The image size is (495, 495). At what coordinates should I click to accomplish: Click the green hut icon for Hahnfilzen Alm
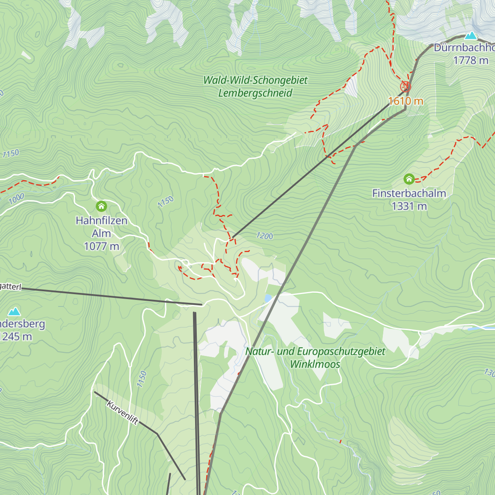[x=101, y=206]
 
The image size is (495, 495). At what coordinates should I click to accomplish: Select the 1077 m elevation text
[x=101, y=247]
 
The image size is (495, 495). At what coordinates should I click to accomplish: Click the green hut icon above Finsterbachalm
[x=409, y=179]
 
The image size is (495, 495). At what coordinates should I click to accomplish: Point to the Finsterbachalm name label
[x=409, y=193]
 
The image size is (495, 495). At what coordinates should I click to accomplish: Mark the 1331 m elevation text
[x=409, y=206]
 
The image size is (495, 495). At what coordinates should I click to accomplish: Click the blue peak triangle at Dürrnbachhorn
[x=471, y=35]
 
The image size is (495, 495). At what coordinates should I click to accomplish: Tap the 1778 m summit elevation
[x=471, y=61]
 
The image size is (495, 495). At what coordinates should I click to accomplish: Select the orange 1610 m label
[x=405, y=101]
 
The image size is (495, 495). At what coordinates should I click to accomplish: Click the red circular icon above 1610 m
[x=405, y=87]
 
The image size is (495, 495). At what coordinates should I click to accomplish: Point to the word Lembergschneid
[x=255, y=93]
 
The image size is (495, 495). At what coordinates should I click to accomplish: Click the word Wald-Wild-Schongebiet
[x=255, y=80]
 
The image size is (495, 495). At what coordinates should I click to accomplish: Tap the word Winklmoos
[x=315, y=364]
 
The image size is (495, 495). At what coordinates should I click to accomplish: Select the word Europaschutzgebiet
[x=341, y=351]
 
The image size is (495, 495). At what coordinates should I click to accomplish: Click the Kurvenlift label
[x=123, y=412]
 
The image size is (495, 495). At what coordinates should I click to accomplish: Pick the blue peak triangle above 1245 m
[x=14, y=311]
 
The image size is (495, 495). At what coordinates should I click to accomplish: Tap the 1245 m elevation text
[x=16, y=337]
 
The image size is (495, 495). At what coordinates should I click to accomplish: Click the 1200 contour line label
[x=264, y=236]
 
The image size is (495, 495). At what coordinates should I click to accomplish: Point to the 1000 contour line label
[x=16, y=199]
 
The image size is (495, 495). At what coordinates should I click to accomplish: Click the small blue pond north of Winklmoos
[x=268, y=298]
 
